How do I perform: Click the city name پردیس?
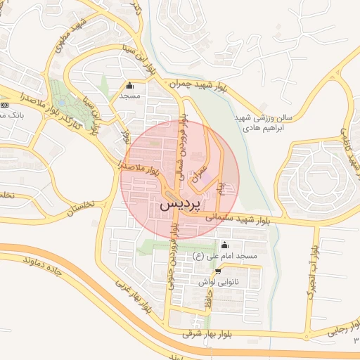[181, 205]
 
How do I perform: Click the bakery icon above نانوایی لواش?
[218, 271]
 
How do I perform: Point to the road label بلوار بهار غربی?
[133, 295]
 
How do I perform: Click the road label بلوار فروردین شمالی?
[184, 144]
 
